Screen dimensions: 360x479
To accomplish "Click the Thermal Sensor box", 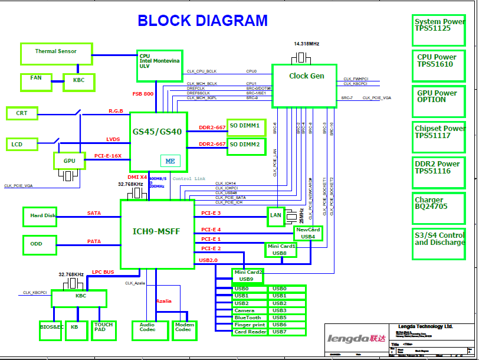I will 56,54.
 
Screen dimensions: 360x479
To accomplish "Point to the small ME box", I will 170,161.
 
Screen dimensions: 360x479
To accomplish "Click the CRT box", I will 22,113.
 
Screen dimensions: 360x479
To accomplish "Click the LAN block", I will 275,216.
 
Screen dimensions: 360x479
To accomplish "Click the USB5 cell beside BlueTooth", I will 287,318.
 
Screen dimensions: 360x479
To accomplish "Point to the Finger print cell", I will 250,325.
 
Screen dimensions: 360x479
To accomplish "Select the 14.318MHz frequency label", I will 306,44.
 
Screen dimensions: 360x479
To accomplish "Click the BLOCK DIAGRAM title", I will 202,21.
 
